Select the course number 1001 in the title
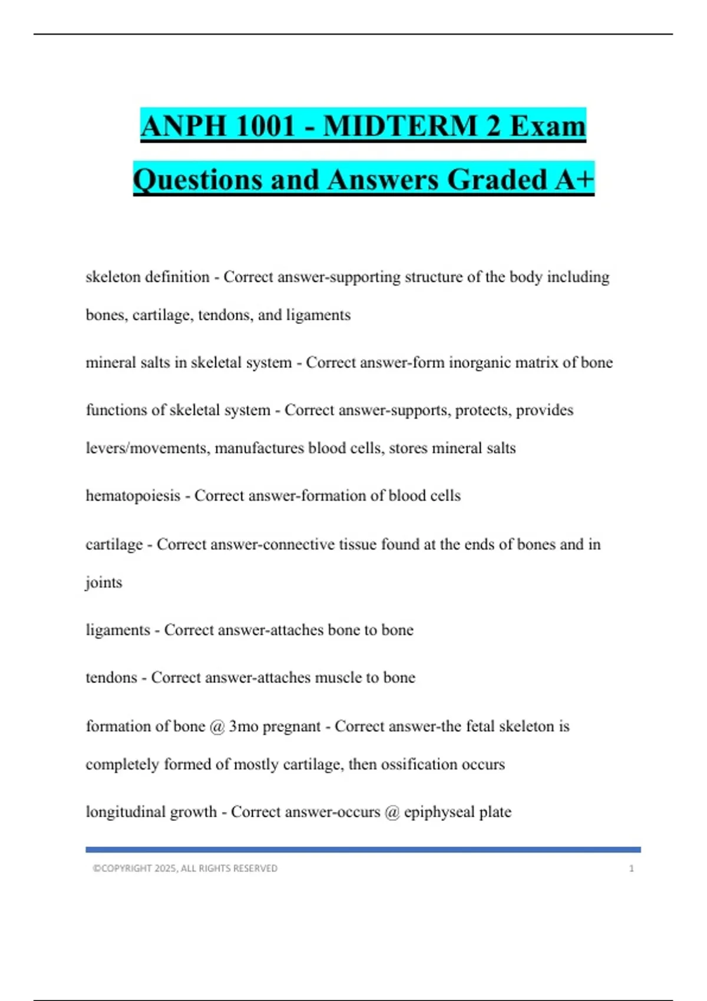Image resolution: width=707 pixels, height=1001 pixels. point(263,127)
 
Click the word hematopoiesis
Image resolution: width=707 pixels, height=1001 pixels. point(133,496)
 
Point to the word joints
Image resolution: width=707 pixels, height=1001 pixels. point(104,582)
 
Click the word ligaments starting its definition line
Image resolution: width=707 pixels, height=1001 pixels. point(118,630)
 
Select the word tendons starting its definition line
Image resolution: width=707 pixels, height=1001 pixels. point(111,678)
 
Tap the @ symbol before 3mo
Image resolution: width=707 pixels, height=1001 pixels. point(217,727)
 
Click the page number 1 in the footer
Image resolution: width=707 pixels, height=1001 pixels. point(631,869)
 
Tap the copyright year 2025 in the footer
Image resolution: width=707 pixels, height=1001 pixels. point(166,869)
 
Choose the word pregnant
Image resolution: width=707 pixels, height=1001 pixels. point(292,727)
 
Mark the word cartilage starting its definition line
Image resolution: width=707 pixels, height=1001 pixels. point(114,545)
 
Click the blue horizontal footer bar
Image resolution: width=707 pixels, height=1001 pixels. point(363,850)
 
